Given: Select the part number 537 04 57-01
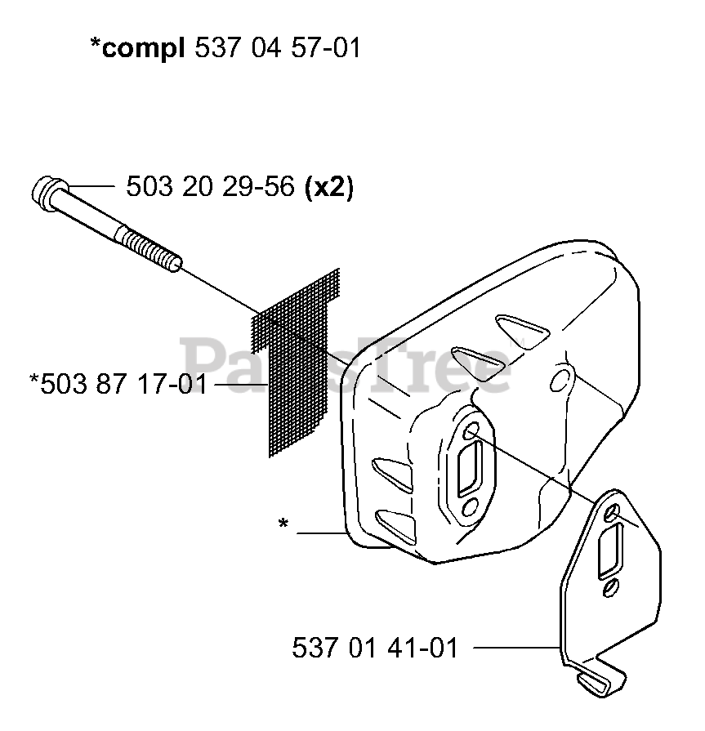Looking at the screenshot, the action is tap(279, 47).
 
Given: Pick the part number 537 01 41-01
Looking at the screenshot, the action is tap(375, 648).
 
